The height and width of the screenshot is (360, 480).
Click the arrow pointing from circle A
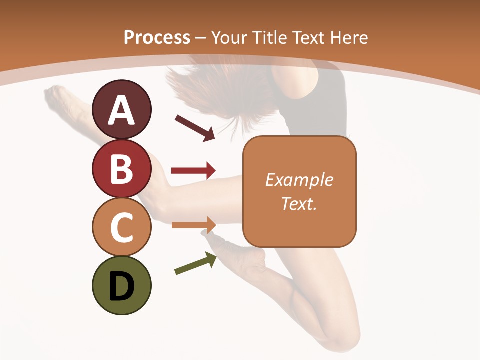click(195, 128)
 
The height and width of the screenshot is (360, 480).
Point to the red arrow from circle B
click(193, 171)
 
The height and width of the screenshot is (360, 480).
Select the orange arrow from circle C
click(194, 225)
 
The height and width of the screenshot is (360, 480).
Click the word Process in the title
click(157, 37)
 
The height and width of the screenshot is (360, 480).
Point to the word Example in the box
click(299, 180)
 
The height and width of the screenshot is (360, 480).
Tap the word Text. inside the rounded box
click(299, 203)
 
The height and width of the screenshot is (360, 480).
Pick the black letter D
click(122, 287)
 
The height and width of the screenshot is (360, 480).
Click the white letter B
click(122, 169)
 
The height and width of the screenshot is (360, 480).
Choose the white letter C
click(122, 227)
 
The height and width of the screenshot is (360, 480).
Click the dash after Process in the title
click(200, 38)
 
